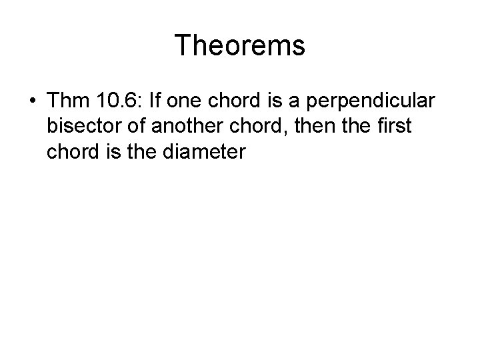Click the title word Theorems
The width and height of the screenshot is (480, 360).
pyautogui.click(x=240, y=45)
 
